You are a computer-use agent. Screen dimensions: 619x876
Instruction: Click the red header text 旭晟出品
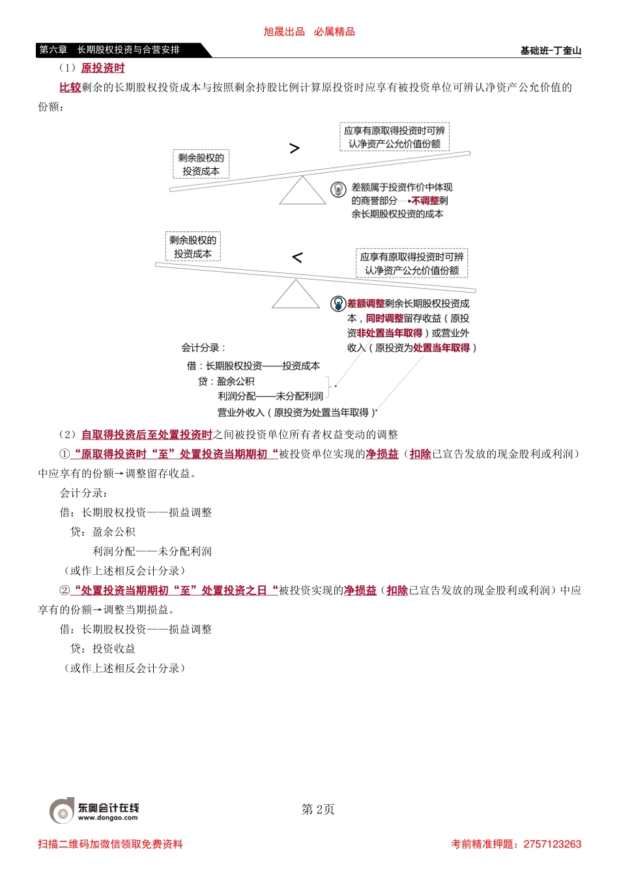point(284,32)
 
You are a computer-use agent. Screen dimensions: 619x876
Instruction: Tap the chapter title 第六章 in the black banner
point(53,50)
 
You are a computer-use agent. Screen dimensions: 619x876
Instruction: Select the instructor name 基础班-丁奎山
point(551,51)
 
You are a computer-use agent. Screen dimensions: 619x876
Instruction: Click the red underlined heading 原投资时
point(103,68)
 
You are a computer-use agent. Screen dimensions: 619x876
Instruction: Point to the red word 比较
point(70,87)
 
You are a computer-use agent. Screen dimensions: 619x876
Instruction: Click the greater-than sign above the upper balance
point(295,149)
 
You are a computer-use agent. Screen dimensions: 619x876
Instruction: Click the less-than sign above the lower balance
point(297,257)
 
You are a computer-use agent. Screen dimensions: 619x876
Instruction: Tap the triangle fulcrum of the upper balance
point(302,192)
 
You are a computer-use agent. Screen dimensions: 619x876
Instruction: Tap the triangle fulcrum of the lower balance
point(296,295)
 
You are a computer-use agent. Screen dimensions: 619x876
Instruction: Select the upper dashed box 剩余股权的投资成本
point(201,164)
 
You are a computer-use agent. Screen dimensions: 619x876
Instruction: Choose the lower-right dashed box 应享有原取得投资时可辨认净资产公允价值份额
point(412,263)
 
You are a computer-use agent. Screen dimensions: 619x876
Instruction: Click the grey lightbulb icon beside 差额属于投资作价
point(338,189)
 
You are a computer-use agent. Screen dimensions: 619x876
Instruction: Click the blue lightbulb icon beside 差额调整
point(338,304)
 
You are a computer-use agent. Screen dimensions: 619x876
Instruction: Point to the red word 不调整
point(425,201)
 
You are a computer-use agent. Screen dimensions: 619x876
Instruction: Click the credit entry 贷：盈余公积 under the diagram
point(226,381)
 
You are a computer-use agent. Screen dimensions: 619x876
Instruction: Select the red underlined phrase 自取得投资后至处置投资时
point(147,435)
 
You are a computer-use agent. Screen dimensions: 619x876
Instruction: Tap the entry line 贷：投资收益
point(103,649)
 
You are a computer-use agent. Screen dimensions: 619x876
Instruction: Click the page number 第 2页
point(318,810)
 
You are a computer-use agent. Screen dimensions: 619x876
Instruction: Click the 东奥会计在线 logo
point(95,810)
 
